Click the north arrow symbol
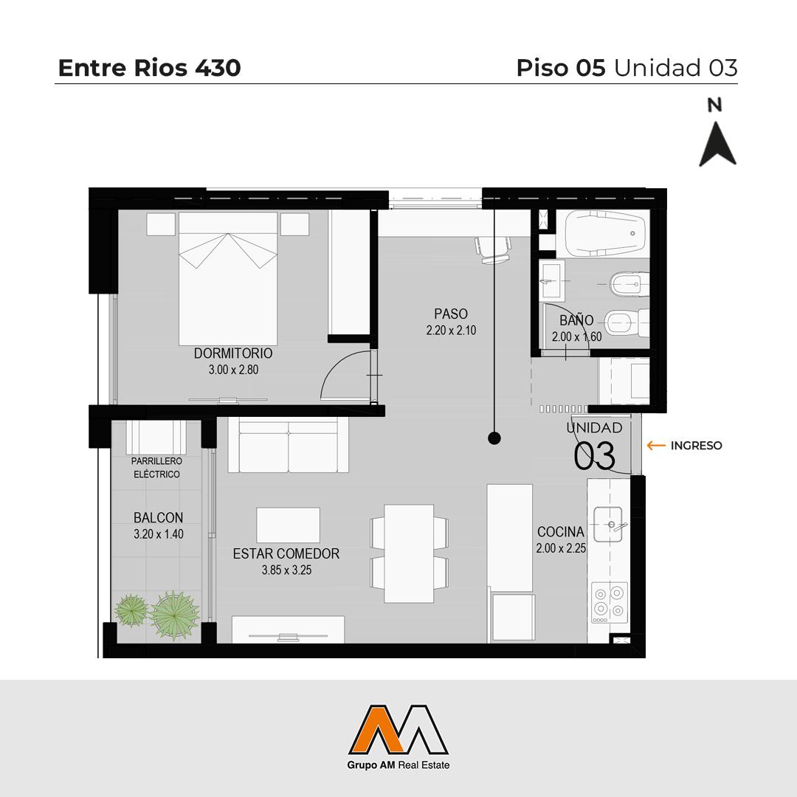point(717,144)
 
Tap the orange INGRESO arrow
point(656,445)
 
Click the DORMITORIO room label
point(233,353)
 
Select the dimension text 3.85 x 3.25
point(286,570)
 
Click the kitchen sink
point(608,524)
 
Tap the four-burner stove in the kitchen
point(610,603)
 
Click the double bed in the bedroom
point(228,278)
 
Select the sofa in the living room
point(289,445)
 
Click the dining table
point(409,553)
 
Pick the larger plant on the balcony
point(174,615)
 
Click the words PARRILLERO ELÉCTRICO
point(156,468)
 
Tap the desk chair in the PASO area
point(492,249)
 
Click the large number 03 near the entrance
point(595,455)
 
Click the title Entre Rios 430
point(149,68)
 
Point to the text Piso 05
point(561,68)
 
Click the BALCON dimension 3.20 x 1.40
point(159,534)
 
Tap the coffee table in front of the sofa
point(289,525)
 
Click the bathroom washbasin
point(551,280)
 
